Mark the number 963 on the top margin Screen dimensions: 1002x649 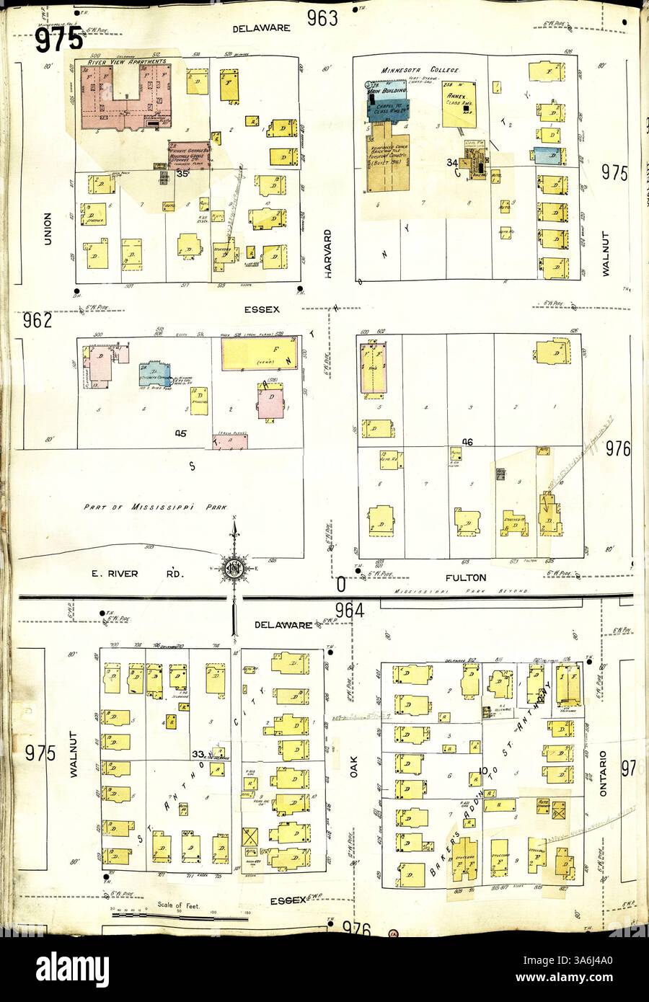tap(322, 19)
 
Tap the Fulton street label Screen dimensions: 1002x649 tap(466, 577)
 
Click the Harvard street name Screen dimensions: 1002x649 tap(327, 249)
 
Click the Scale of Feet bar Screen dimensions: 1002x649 tap(173, 918)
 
